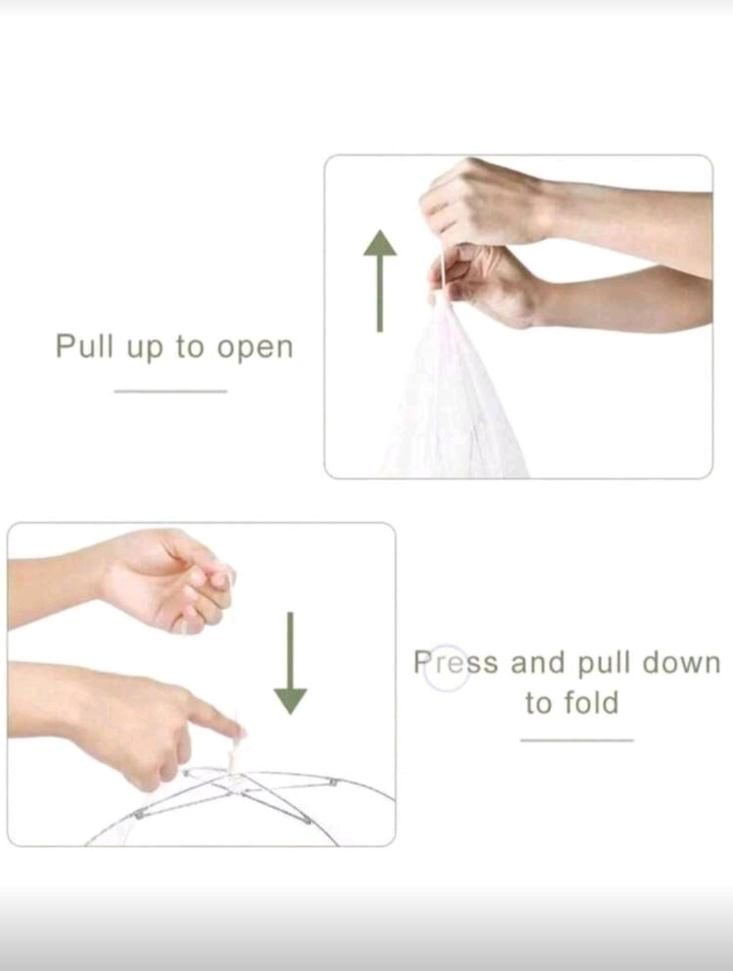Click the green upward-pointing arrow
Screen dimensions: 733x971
coord(379,280)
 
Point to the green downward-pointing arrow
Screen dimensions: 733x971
coord(290,663)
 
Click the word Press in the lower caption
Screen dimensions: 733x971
coord(455,663)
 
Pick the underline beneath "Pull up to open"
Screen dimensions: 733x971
coord(170,391)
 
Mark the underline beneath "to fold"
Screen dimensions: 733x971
coord(576,740)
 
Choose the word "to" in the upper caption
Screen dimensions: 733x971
coord(190,347)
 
